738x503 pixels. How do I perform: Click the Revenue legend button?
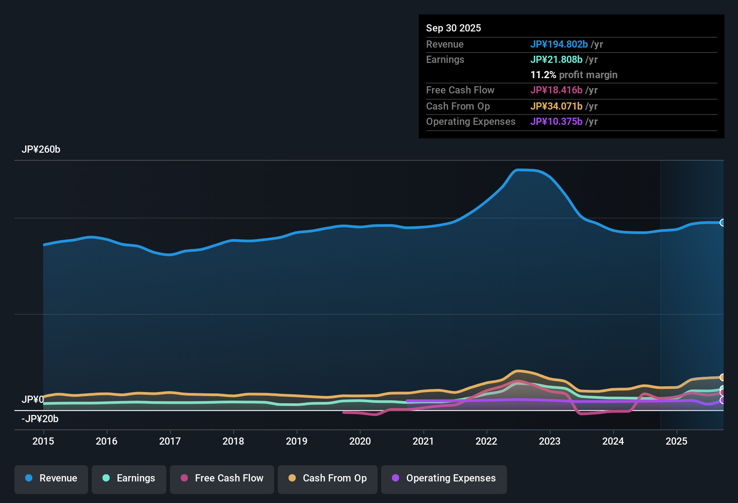(x=51, y=478)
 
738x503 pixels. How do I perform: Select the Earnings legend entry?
(x=129, y=478)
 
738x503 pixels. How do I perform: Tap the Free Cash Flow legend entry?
(x=222, y=478)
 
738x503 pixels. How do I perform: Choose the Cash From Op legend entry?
(x=328, y=478)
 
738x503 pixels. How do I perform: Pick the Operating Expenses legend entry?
(x=444, y=478)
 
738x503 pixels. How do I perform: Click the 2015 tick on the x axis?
(x=43, y=441)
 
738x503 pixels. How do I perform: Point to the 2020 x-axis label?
(x=360, y=441)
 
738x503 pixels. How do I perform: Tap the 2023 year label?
(x=550, y=441)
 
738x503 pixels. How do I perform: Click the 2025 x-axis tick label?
(x=676, y=441)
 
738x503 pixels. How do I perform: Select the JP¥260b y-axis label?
(x=41, y=150)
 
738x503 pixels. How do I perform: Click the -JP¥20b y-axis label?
(x=40, y=419)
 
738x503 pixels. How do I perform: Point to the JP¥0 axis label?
(x=33, y=399)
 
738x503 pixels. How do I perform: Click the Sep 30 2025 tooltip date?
(x=453, y=28)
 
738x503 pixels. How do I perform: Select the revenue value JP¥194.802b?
(x=559, y=44)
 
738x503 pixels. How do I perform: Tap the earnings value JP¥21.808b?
(x=556, y=59)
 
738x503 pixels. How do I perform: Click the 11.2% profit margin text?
(x=574, y=75)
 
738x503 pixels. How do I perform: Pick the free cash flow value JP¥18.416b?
(x=556, y=90)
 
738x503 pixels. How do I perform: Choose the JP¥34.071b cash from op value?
(x=556, y=106)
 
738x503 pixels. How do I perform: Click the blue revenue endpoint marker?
(x=722, y=223)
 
